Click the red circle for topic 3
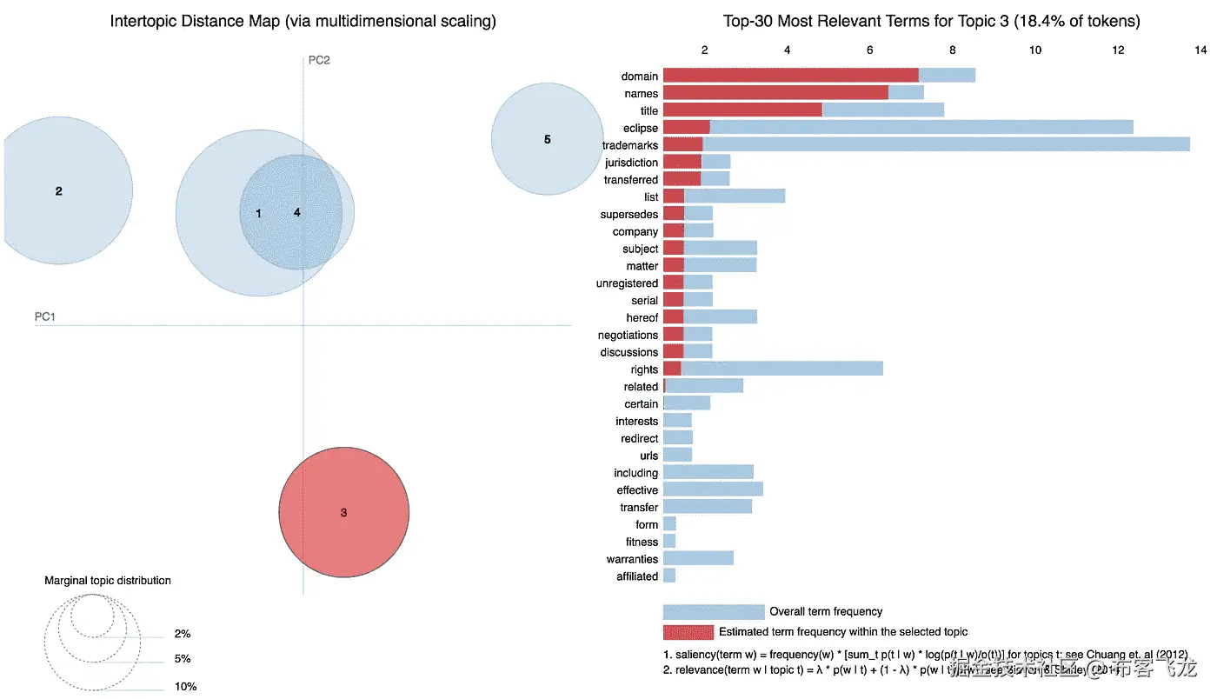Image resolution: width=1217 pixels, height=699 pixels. pyautogui.click(x=343, y=512)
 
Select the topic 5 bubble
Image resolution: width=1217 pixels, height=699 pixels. pyautogui.click(x=547, y=139)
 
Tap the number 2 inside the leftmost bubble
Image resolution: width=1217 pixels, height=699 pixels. pyautogui.click(x=59, y=191)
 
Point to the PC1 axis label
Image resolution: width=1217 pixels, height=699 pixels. pyautogui.click(x=45, y=317)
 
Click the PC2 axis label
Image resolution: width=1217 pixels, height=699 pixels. pyautogui.click(x=319, y=60)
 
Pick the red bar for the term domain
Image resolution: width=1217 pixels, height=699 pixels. pyautogui.click(x=790, y=76)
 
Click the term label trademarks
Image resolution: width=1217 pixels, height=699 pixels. pyautogui.click(x=629, y=145)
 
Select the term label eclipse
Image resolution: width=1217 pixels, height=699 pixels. pyautogui.click(x=641, y=128)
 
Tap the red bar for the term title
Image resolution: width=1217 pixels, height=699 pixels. pyautogui.click(x=742, y=110)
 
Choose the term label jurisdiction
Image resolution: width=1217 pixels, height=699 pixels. pyautogui.click(x=631, y=163)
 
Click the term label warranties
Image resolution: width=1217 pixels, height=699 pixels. pyautogui.click(x=632, y=559)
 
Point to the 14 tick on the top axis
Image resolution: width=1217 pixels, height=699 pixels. pyautogui.click(x=1200, y=50)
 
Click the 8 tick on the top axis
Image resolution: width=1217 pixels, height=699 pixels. pyautogui.click(x=953, y=50)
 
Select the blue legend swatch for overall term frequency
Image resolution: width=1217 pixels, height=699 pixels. pyautogui.click(x=713, y=612)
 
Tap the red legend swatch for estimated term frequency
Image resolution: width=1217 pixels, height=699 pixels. pyautogui.click(x=688, y=632)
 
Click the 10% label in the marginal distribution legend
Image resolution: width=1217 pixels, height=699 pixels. pyautogui.click(x=185, y=687)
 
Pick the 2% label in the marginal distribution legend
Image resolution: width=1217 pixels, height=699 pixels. pyautogui.click(x=183, y=635)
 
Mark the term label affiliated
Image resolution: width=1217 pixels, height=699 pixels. pyautogui.click(x=636, y=576)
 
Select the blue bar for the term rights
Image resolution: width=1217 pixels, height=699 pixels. pyautogui.click(x=782, y=369)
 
